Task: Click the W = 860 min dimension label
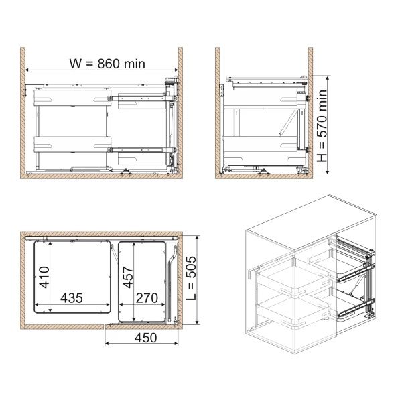[x=107, y=64]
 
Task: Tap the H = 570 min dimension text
[x=322, y=126]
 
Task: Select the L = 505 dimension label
[x=191, y=278]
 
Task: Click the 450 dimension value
[x=145, y=338]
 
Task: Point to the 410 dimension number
[x=44, y=277]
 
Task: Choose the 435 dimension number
[x=72, y=298]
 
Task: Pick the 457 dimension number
[x=128, y=277]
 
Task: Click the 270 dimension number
[x=147, y=298]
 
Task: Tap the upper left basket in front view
[x=72, y=97]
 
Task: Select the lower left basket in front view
[x=72, y=145]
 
